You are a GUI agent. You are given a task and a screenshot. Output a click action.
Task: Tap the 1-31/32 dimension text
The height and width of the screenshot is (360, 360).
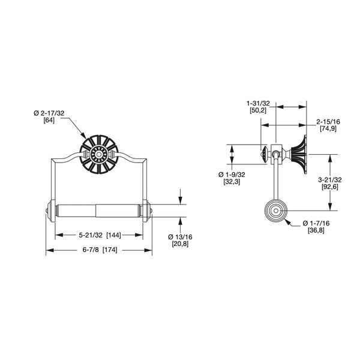tap(260, 103)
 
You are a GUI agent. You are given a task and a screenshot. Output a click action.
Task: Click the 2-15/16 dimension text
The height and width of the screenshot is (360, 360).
tap(328, 121)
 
